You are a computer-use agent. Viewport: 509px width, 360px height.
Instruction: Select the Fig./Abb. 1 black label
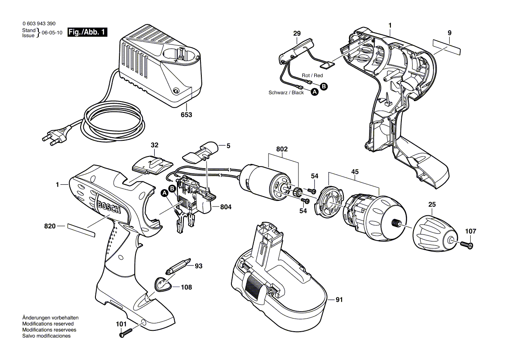[x=88, y=32]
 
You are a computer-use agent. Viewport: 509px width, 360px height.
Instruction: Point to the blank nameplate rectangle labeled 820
[x=81, y=230]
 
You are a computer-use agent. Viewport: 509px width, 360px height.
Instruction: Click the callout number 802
[x=282, y=149]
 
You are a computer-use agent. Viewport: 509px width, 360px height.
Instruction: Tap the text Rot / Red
[x=312, y=75]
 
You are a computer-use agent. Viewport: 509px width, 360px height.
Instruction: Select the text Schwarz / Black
[x=286, y=92]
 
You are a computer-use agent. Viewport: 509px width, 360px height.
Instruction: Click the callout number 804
[x=225, y=207]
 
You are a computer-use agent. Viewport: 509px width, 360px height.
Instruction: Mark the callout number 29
[x=297, y=34]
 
